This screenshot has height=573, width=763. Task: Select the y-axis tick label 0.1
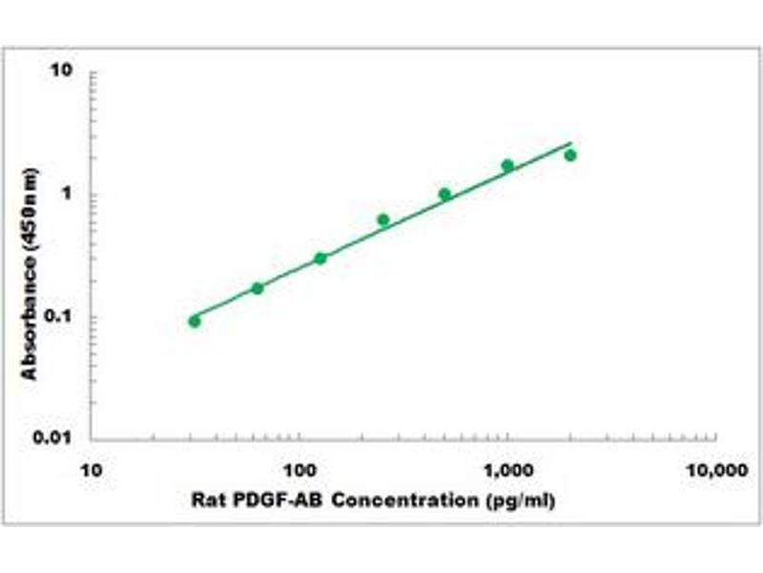(62, 317)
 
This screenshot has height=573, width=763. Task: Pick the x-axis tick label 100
(299, 471)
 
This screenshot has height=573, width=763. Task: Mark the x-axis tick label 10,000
(716, 471)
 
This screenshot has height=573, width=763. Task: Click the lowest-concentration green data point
(195, 321)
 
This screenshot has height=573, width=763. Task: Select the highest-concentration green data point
(570, 155)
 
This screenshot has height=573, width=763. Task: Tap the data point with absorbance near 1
(444, 194)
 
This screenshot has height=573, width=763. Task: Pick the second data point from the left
(258, 287)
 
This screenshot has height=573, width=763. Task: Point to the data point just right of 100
(320, 258)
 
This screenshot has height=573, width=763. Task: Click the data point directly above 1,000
(507, 165)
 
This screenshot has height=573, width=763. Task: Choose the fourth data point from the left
(383, 220)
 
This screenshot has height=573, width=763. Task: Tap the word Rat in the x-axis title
(205, 499)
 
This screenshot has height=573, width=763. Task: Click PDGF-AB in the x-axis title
(262, 499)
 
